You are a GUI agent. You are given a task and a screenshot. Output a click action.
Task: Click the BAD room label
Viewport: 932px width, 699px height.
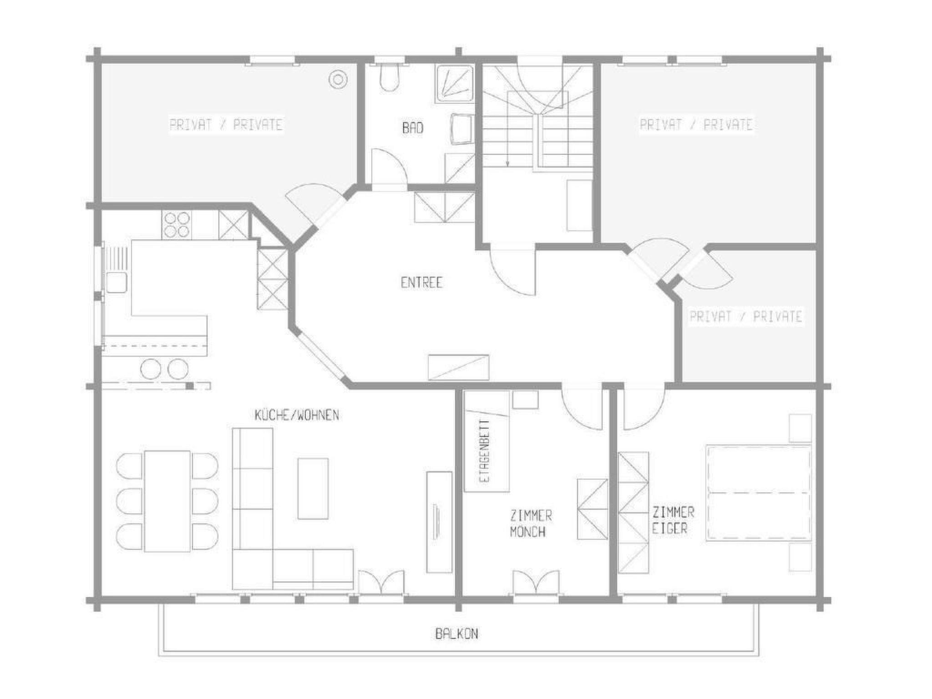pos(413,128)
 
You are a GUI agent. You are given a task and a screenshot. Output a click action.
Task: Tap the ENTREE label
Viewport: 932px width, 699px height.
pos(421,283)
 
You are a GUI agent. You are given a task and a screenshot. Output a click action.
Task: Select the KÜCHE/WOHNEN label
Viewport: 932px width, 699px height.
pos(297,415)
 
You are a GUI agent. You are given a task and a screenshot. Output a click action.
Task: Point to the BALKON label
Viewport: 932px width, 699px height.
pos(456,634)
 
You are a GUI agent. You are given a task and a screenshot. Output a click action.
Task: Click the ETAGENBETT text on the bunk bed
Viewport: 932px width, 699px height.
pos(486,450)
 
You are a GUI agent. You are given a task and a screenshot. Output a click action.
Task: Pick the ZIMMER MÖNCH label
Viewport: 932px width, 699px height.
pos(529,524)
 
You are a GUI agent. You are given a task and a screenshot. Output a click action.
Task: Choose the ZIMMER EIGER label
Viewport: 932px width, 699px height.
pos(673,520)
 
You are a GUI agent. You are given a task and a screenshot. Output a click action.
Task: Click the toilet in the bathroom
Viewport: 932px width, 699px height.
pos(390,78)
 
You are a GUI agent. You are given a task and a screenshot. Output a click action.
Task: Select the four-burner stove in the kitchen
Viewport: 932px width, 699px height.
pos(177,224)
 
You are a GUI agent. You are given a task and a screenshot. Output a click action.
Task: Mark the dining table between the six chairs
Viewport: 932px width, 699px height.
pos(167,501)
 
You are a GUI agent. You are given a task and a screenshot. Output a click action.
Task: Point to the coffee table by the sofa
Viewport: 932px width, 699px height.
pos(313,488)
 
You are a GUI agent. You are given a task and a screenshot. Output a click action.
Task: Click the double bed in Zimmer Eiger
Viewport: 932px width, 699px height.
pos(759,493)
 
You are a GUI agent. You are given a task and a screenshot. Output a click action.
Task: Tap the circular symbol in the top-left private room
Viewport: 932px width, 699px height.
pos(338,80)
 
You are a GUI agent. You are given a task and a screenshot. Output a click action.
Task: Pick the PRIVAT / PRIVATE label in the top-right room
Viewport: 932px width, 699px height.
pos(696,125)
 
